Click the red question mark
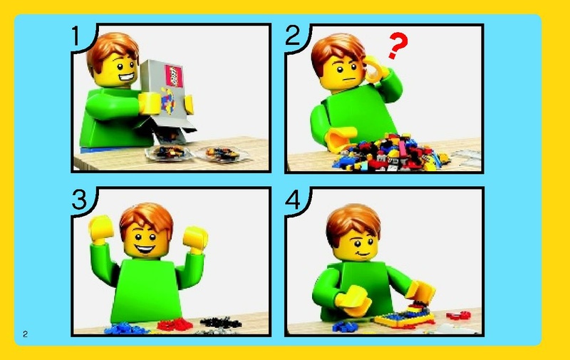tap(398, 46)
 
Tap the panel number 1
tap(76, 36)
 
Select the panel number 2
tap(293, 35)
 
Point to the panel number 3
tap(80, 200)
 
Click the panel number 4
tap(293, 200)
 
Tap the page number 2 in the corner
tap(25, 334)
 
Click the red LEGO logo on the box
tap(174, 76)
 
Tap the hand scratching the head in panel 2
tap(375, 70)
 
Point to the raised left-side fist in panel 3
tap(100, 229)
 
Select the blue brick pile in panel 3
tap(125, 329)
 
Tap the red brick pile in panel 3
tap(175, 325)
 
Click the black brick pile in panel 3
tap(221, 322)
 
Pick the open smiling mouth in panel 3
tap(145, 250)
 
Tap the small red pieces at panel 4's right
tap(459, 315)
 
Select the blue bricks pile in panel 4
tap(346, 326)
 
